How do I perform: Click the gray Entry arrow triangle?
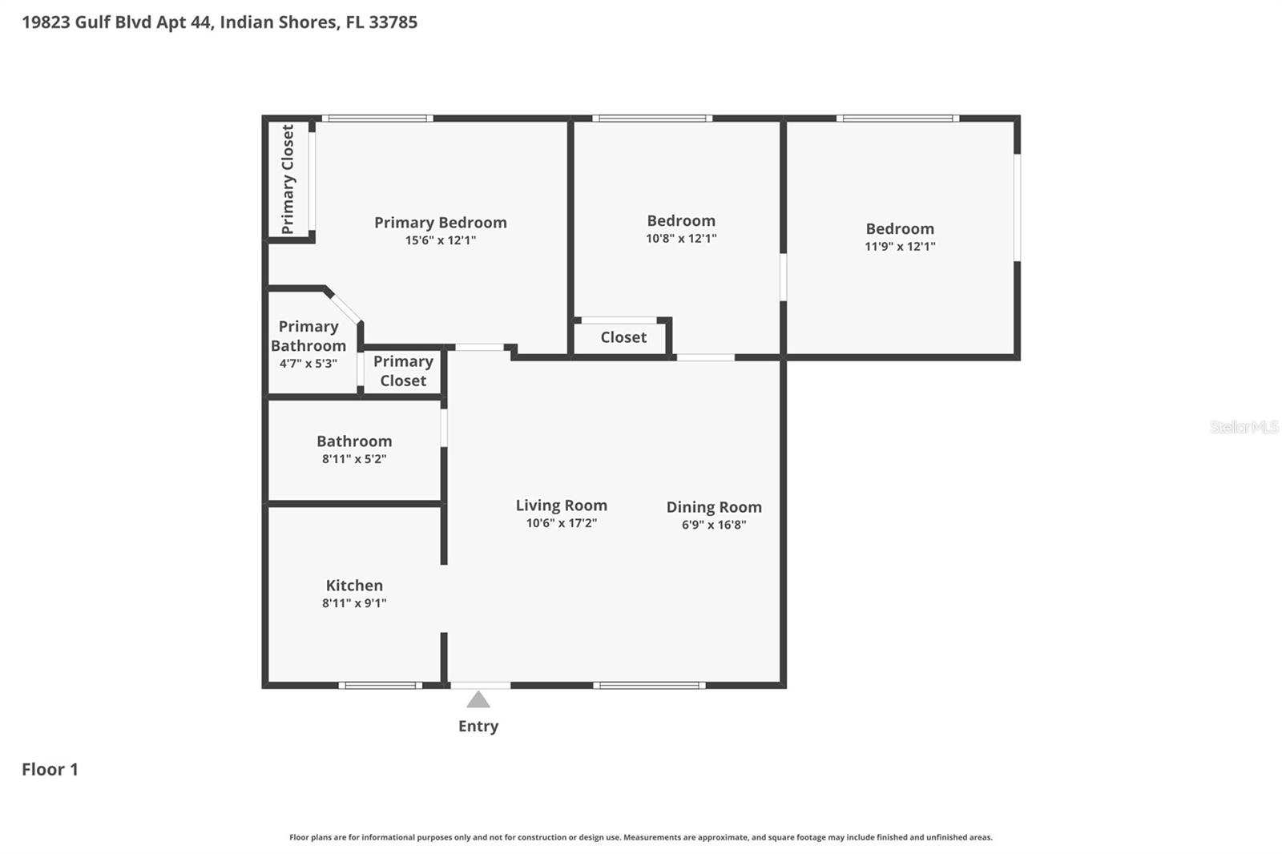click(x=478, y=700)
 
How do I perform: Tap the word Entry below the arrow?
click(x=478, y=727)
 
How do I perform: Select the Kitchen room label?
click(x=354, y=586)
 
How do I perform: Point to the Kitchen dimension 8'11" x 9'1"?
click(x=354, y=603)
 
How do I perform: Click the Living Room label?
click(x=561, y=506)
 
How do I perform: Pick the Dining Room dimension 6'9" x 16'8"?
click(x=714, y=525)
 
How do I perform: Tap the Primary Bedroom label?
click(x=440, y=223)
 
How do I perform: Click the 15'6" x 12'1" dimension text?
click(x=440, y=240)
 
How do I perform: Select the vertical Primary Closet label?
click(x=288, y=179)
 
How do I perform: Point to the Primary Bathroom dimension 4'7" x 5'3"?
click(x=308, y=364)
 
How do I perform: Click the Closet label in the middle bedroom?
click(x=623, y=337)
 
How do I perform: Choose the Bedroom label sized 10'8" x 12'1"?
click(x=681, y=221)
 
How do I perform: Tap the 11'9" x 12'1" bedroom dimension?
click(x=900, y=247)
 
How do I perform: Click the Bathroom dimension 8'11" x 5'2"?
click(x=354, y=459)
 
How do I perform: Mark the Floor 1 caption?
click(x=50, y=770)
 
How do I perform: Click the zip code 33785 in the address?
click(x=393, y=22)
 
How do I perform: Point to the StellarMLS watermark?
click(x=1244, y=427)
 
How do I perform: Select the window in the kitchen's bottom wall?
click(x=380, y=685)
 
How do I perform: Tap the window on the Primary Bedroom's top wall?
click(x=377, y=119)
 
